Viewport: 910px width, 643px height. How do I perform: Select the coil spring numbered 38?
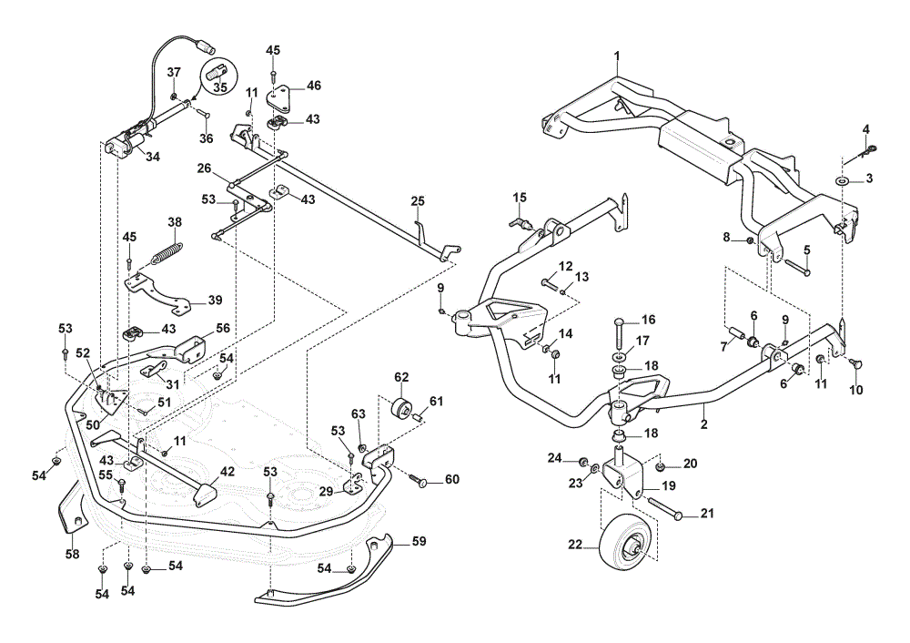tap(168, 251)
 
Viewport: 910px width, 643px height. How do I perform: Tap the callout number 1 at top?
tap(617, 56)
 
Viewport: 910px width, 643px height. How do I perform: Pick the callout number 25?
tap(418, 201)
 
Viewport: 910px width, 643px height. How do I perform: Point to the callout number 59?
tap(419, 541)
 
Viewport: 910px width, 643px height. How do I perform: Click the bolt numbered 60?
tap(422, 480)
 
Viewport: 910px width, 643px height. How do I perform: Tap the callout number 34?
tap(152, 157)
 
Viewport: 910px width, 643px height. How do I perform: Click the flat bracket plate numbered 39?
tap(157, 291)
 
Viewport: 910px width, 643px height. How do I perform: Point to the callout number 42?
tap(227, 472)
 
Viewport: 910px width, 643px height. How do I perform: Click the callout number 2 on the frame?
tap(704, 424)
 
